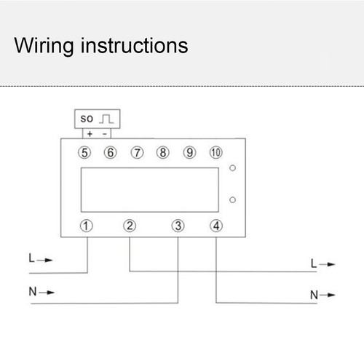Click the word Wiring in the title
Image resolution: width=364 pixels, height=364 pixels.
coord(44,46)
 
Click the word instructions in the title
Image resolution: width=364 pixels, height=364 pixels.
coord(134,45)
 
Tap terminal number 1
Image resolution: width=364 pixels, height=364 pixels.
coord(87,226)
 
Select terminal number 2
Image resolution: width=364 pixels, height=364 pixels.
coord(130,226)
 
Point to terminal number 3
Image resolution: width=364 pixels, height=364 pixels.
coord(178,226)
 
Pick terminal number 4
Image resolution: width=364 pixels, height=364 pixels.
coord(216,226)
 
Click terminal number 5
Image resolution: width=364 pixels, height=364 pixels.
coord(84,153)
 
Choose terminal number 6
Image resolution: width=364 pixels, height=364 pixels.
coord(111,153)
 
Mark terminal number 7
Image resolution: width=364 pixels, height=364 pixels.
coord(137,153)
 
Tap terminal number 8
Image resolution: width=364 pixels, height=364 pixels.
coord(163,153)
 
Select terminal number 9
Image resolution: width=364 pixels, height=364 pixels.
coord(189,153)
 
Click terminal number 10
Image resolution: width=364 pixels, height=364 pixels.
coord(215,153)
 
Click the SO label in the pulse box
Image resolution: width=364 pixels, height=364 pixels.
coord(87,119)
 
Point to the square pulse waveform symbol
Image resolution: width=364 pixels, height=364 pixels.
coord(106,119)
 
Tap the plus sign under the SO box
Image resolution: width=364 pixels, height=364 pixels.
coord(90,134)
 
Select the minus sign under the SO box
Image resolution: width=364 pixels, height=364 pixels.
coord(105,134)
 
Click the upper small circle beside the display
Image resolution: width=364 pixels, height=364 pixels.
coord(232,168)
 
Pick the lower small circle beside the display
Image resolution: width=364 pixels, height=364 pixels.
coord(232,199)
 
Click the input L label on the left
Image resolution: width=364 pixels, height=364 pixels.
coord(31,258)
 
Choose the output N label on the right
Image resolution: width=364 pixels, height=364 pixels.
coord(314,295)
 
